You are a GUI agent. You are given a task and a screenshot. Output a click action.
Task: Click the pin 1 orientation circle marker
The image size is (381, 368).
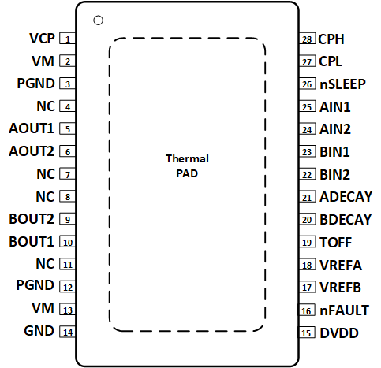click(x=98, y=20)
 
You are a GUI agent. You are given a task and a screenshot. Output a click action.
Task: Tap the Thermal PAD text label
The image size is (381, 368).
click(x=187, y=165)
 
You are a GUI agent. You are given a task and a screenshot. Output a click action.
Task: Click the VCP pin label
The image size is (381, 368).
click(x=42, y=39)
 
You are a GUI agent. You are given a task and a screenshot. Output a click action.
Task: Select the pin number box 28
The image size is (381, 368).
click(x=308, y=39)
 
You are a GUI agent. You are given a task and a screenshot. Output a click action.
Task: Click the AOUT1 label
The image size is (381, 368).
click(x=32, y=128)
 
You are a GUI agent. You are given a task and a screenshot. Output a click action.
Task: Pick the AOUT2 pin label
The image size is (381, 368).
click(x=32, y=151)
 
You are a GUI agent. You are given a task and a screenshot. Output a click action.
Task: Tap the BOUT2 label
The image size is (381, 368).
click(x=32, y=219)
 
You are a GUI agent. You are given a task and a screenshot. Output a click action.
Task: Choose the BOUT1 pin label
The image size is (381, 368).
click(x=32, y=242)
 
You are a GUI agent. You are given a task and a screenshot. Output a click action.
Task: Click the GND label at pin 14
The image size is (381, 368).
click(x=39, y=332)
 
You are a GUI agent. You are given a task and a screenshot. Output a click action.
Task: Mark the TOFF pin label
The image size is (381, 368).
click(x=336, y=243)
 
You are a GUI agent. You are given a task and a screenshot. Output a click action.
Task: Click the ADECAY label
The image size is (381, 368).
click(x=346, y=197)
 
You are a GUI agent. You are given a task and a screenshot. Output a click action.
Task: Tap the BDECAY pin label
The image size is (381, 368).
click(x=346, y=220)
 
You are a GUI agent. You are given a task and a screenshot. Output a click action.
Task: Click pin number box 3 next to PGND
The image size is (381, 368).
click(x=69, y=84)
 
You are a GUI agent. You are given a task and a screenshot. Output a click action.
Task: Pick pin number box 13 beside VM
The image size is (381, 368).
click(x=69, y=310)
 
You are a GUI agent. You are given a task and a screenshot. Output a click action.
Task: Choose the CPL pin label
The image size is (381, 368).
click(x=331, y=61)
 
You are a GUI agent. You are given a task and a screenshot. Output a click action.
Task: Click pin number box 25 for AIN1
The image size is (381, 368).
click(x=308, y=106)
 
